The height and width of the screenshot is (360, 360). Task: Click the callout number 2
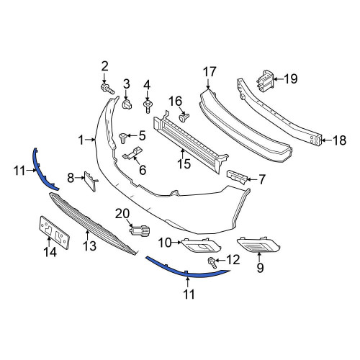click(x=104, y=66)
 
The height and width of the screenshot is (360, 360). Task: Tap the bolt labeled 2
click(x=107, y=89)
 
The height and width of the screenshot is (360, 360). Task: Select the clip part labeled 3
click(x=127, y=105)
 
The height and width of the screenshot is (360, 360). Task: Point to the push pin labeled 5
click(x=123, y=138)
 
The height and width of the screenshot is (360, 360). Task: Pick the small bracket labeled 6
click(x=132, y=153)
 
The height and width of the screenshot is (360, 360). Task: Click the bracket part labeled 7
click(x=237, y=177)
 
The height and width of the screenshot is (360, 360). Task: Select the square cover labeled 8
click(x=91, y=181)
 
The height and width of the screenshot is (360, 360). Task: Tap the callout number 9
click(x=260, y=268)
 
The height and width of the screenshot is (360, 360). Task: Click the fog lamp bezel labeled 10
click(x=201, y=246)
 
